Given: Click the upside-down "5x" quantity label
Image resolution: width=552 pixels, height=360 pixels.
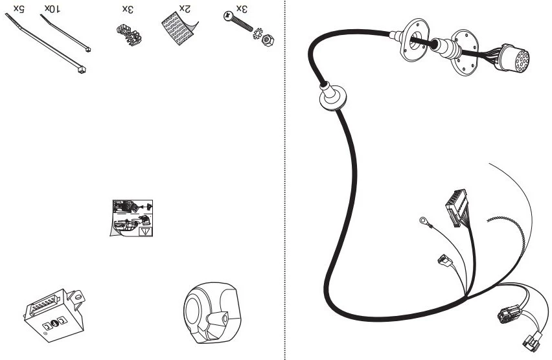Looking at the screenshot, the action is (19, 9).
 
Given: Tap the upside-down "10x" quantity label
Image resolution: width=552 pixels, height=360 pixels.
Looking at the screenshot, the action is (52, 9).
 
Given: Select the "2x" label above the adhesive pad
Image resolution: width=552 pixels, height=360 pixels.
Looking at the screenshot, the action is (185, 9).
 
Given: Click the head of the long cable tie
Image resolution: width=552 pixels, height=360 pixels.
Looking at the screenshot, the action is (82, 71).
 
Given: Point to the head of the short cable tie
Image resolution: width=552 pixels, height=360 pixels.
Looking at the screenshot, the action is (87, 49).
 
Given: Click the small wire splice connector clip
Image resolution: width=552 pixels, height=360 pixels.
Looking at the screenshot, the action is (129, 35).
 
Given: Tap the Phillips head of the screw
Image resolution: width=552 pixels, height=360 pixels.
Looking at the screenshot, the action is (228, 16).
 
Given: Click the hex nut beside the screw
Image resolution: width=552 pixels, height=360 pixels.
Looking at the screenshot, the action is (268, 39).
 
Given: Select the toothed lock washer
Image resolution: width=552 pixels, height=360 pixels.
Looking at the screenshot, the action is (257, 34).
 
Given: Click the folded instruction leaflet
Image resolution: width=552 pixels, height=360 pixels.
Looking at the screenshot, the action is (132, 218).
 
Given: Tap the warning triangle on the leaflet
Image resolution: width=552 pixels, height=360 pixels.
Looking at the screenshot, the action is (146, 232).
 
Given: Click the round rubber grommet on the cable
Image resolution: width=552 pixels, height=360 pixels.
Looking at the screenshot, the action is (332, 96).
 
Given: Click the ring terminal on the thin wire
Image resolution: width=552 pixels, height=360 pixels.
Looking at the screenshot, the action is (424, 221).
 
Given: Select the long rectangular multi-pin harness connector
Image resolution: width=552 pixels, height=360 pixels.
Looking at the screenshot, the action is (456, 208).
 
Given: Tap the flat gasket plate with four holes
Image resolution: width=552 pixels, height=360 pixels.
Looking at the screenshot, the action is (465, 52).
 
